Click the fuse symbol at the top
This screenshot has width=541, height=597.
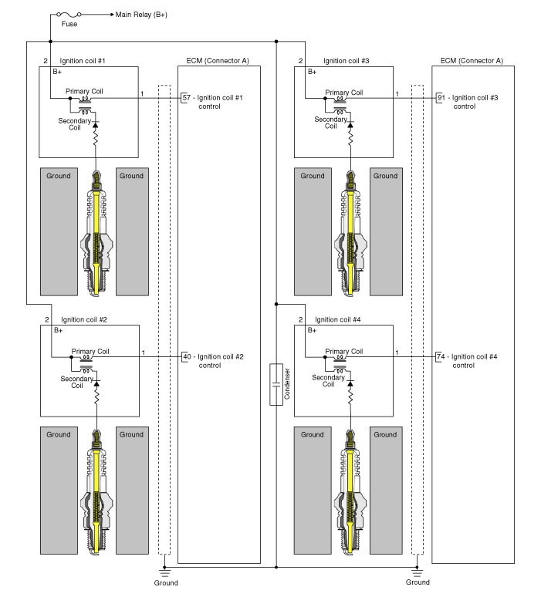pos(69,14)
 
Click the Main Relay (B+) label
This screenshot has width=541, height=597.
pos(141,15)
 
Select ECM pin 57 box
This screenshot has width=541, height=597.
pos(186,98)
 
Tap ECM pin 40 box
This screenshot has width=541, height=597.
pos(187,357)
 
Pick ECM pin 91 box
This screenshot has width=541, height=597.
pos(441,98)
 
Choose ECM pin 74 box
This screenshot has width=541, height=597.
pos(441,357)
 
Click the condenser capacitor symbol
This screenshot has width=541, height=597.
pos(276,385)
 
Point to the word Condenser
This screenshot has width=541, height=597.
pos(287,384)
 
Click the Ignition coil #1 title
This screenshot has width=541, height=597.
pos(83,61)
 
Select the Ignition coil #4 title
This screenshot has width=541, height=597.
pos(337,320)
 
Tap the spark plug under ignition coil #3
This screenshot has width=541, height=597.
pos(350,234)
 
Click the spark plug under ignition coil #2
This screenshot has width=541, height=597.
pos(96,492)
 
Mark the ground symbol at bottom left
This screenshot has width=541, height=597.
pos(164,572)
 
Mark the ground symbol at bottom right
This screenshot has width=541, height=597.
pos(418,572)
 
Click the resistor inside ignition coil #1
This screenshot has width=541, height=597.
pos(95,139)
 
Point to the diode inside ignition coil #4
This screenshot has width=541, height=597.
pos(350,383)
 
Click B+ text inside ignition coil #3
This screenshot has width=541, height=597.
pos(312,72)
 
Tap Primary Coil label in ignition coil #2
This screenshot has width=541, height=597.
pos(90,352)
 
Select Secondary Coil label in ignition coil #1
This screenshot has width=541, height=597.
pos(75,124)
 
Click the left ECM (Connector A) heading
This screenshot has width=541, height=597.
pos(218,61)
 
